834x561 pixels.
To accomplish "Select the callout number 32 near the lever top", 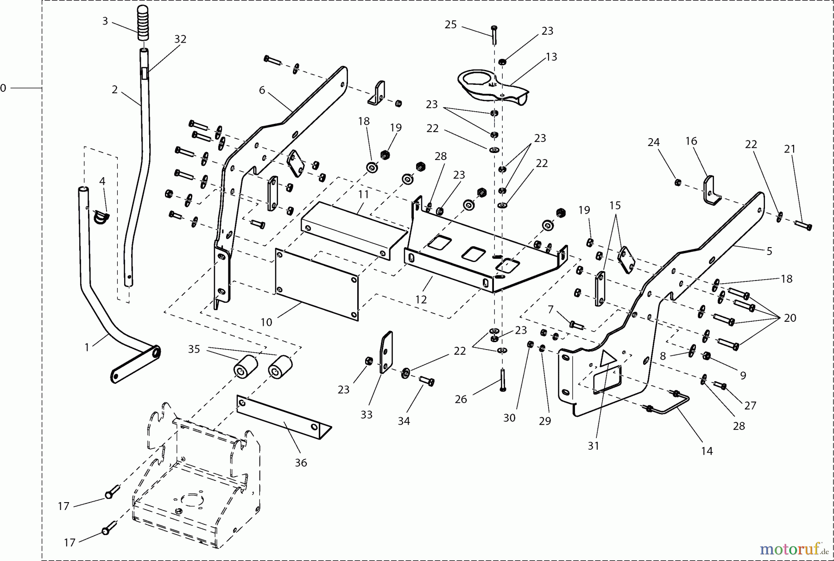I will (180, 39).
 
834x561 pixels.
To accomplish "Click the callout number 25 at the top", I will (450, 25).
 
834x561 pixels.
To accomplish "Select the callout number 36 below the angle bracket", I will (301, 463).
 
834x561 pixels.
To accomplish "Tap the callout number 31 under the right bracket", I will (594, 446).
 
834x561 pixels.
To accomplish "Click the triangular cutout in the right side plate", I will (607, 359).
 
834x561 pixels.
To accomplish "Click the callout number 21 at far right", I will (790, 149).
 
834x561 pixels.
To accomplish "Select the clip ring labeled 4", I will (101, 216).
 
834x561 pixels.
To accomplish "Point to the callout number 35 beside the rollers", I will (194, 349).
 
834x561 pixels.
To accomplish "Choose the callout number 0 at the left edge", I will (4, 88).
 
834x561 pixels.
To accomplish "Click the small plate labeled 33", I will (386, 352).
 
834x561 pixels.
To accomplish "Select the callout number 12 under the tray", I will (421, 300).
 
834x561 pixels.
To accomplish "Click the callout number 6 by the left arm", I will (262, 90).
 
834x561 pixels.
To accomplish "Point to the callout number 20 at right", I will (790, 318).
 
